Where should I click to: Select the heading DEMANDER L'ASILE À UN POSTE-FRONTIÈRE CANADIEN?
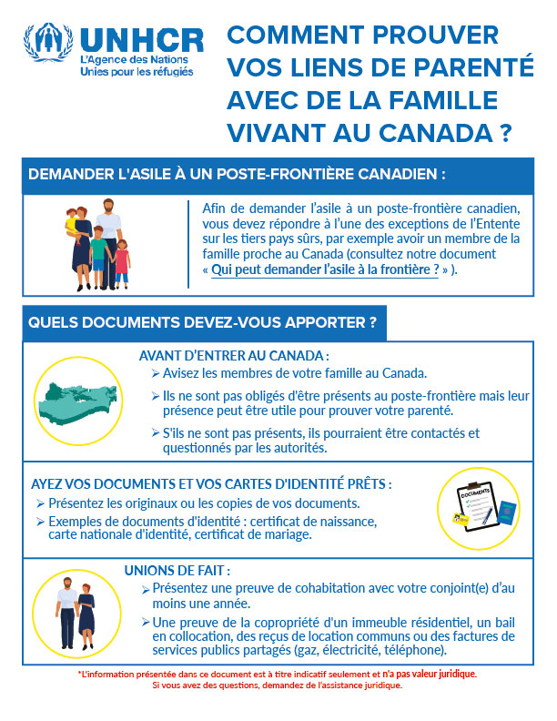238,174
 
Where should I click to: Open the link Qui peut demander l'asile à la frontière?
325,270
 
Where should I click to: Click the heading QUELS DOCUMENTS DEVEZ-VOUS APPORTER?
203,323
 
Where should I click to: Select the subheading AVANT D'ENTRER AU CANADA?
233,356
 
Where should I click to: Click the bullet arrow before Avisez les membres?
156,374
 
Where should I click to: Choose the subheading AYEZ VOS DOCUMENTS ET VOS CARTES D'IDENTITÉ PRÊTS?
211,484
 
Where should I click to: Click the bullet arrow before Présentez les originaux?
40,503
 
